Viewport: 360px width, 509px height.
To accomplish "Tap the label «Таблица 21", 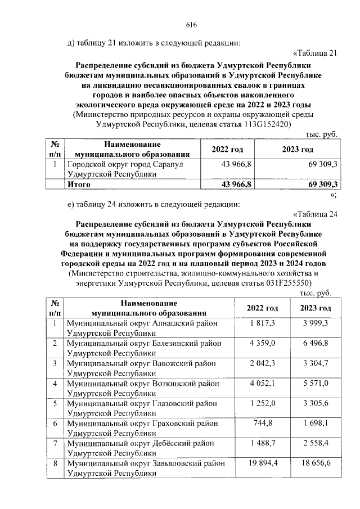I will [x=315, y=54].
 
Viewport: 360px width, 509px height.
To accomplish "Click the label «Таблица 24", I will [x=315, y=214].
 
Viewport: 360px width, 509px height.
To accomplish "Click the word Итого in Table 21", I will [x=79, y=184].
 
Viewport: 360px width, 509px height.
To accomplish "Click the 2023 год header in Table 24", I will [x=315, y=308].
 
